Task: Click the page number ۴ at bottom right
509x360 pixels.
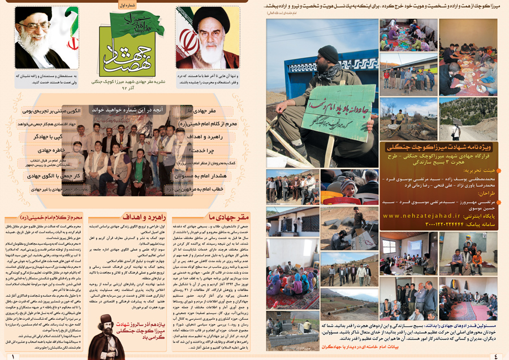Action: [495, 356]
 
